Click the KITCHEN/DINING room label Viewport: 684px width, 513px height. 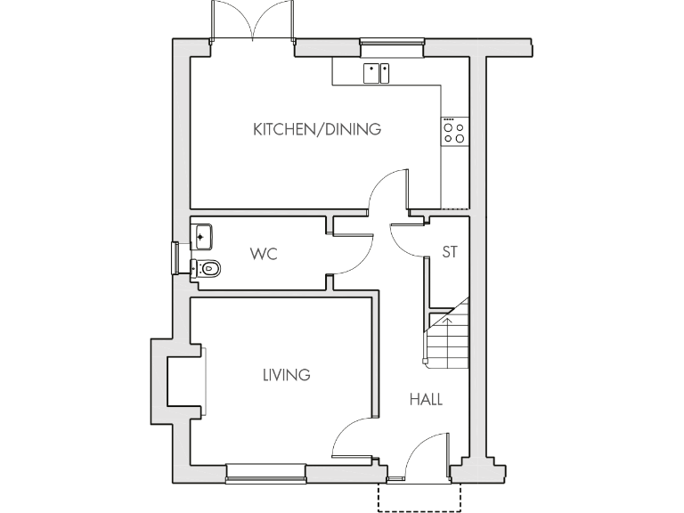(317, 129)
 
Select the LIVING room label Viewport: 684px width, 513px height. (286, 375)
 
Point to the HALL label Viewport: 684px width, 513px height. (426, 399)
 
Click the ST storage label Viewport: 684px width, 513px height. (450, 253)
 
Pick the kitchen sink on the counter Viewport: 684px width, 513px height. (377, 72)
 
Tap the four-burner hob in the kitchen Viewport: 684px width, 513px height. (453, 132)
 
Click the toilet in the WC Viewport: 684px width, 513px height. (207, 268)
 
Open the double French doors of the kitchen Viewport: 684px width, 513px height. (254, 22)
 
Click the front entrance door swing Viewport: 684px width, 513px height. (426, 450)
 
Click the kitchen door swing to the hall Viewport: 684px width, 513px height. (389, 189)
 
